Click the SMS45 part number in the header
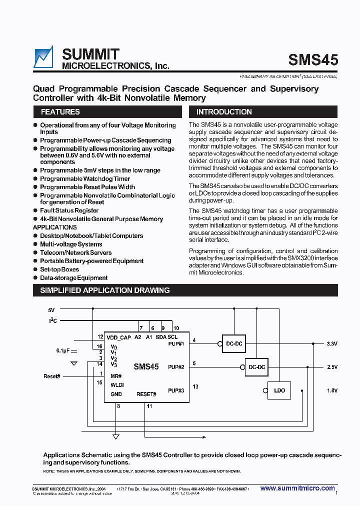coord(313,59)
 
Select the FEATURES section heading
coord(60,112)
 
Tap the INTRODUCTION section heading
coord(224,112)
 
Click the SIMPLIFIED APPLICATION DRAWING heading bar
coord(104,290)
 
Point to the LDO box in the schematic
coord(279,390)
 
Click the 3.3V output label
coord(332,344)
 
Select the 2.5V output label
coord(332,367)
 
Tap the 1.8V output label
coord(332,390)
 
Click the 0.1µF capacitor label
coord(63,351)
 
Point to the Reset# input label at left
coord(52,376)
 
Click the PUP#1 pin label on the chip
coord(176,344)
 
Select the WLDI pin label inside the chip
coord(117,384)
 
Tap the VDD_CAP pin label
coord(118,337)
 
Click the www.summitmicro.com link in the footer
coord(297,488)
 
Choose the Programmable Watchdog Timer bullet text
coord(85,178)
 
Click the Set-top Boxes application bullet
coord(59,269)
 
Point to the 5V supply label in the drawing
coord(51,310)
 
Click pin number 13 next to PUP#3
coord(195,386)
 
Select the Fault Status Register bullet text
coord(69,210)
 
